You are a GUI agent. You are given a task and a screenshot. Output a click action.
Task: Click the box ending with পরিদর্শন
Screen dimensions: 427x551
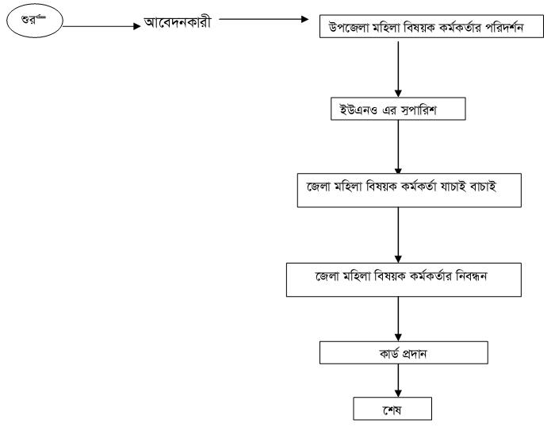pyautogui.click(x=430, y=30)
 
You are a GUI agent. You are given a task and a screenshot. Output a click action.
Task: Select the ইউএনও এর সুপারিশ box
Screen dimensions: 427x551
pyautogui.click(x=397, y=110)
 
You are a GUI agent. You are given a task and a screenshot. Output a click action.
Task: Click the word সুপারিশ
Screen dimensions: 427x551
pyautogui.click(x=425, y=110)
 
